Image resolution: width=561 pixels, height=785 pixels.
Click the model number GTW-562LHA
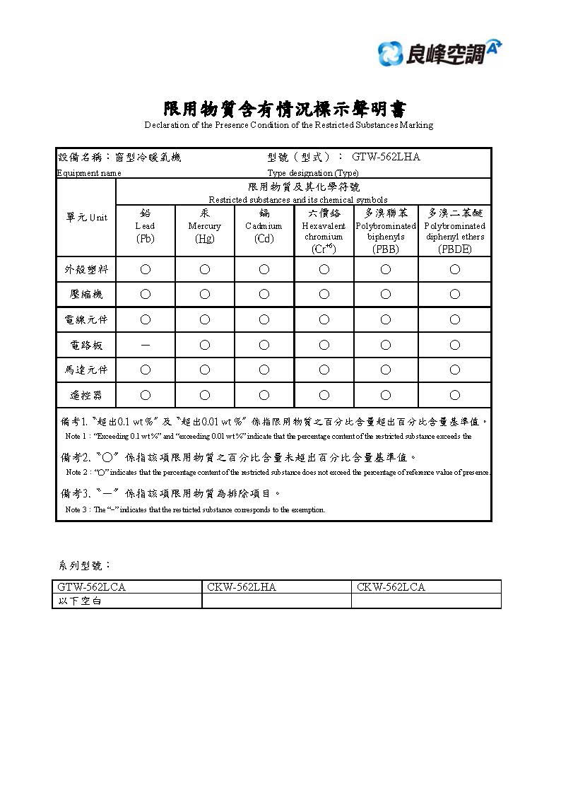pyautogui.click(x=386, y=157)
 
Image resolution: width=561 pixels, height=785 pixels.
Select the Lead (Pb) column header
pyautogui.click(x=145, y=226)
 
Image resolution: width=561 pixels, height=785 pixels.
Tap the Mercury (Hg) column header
pyautogui.click(x=204, y=226)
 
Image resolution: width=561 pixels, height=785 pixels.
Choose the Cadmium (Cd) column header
pyautogui.click(x=264, y=226)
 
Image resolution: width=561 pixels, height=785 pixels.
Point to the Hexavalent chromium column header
pyautogui.click(x=324, y=230)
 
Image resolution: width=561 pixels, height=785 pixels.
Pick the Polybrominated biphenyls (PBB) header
pyautogui.click(x=386, y=230)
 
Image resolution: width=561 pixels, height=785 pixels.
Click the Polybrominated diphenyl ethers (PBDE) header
pyautogui.click(x=454, y=230)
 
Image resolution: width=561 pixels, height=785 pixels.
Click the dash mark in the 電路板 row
pyautogui.click(x=145, y=345)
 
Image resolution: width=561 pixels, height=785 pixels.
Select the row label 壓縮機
pyautogui.click(x=84, y=295)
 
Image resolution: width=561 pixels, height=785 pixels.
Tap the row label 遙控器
pyautogui.click(x=84, y=395)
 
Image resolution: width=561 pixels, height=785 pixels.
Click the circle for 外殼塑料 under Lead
pyautogui.click(x=145, y=269)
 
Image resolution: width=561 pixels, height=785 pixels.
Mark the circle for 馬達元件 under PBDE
pyautogui.click(x=454, y=370)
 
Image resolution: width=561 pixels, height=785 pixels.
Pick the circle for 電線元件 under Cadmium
pyautogui.click(x=264, y=319)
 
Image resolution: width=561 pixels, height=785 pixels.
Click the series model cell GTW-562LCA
pyautogui.click(x=92, y=587)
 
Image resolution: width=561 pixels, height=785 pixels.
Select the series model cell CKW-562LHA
pyautogui.click(x=242, y=587)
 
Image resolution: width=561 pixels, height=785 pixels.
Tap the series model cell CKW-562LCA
pyautogui.click(x=391, y=587)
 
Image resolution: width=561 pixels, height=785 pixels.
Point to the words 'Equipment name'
pyautogui.click(x=89, y=173)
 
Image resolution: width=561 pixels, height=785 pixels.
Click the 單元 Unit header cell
pyautogui.click(x=85, y=217)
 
